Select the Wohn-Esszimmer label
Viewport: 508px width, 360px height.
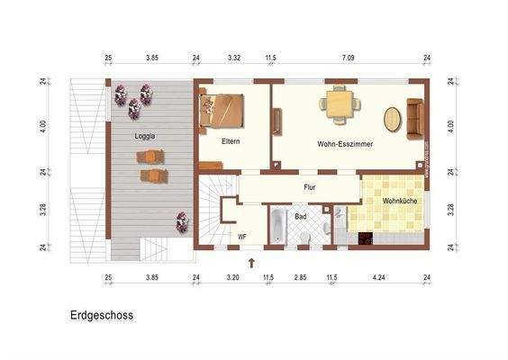point(345,143)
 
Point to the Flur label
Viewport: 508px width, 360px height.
point(309,187)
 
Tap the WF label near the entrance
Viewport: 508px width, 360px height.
point(242,237)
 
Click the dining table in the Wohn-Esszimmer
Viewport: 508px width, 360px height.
point(340,104)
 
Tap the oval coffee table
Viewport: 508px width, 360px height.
point(394,118)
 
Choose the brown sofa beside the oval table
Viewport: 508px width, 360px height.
point(415,120)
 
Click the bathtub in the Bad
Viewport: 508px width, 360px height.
point(277,226)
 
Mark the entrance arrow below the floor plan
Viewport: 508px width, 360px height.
point(251,262)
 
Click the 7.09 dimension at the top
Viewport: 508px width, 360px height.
point(348,58)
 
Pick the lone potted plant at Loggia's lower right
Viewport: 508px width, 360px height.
point(182,220)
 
